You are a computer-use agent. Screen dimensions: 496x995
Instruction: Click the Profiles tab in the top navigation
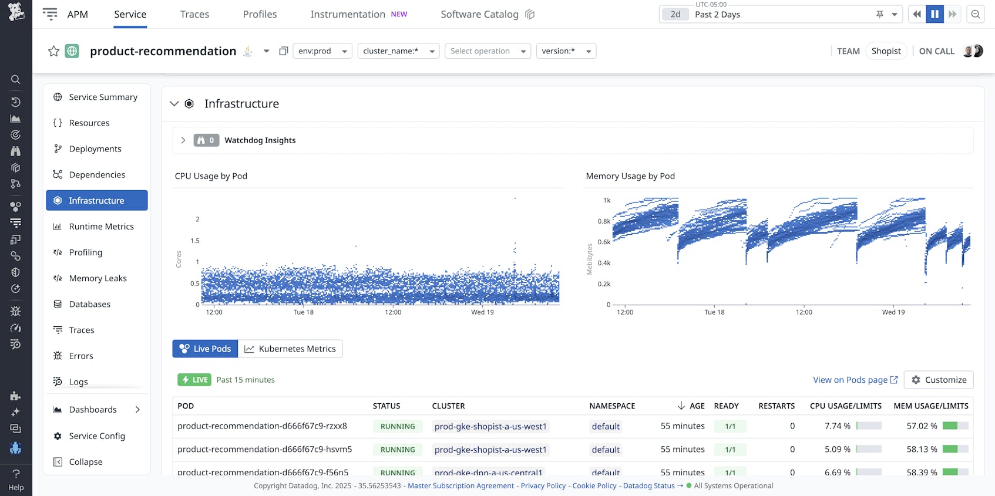(260, 14)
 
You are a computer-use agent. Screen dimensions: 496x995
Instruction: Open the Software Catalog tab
(479, 14)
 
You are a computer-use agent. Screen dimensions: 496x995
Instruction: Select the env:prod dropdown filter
(322, 51)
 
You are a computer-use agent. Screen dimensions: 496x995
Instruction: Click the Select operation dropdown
(488, 51)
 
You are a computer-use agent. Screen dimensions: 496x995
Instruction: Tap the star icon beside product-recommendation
(53, 51)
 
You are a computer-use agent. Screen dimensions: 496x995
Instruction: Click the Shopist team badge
(886, 51)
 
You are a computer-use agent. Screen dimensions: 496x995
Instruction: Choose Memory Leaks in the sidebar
(98, 278)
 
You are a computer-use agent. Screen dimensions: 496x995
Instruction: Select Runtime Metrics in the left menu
(101, 227)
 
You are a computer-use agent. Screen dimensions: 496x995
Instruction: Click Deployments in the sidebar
(95, 149)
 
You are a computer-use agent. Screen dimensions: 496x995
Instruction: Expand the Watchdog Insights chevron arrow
(183, 140)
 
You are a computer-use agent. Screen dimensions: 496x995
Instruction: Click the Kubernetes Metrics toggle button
(290, 349)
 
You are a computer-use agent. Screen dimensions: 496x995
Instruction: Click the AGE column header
(697, 406)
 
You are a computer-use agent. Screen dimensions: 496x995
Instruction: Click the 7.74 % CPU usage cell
(837, 426)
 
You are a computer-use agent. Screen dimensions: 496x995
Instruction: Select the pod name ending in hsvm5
(264, 450)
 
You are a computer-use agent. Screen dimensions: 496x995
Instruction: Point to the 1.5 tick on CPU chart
(195, 241)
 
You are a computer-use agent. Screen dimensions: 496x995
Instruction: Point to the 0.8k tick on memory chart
(604, 221)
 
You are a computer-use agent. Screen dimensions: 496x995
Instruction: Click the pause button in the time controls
(935, 14)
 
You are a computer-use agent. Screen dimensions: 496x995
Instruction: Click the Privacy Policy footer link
(543, 485)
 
